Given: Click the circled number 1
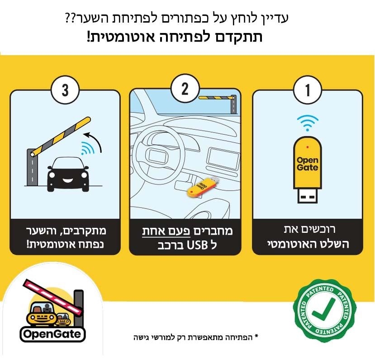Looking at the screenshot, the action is [307, 90].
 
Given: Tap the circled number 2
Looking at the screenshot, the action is [185, 89].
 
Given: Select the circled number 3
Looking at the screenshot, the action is [65, 90].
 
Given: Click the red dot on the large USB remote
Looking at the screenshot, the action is [308, 147].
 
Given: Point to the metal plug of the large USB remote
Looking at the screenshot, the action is [307, 195].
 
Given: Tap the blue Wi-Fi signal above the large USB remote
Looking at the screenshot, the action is [308, 123].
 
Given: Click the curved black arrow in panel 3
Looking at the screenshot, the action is [94, 141].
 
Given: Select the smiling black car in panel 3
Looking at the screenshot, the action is [68, 174].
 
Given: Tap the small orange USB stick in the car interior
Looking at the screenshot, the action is [202, 186].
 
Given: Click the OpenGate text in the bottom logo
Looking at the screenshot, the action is [52, 334].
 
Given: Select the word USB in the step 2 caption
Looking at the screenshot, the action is [197, 245].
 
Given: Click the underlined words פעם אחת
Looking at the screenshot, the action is [166, 231].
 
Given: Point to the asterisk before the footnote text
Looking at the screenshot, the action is [256, 336].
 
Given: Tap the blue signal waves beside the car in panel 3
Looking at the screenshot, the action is [88, 148].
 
